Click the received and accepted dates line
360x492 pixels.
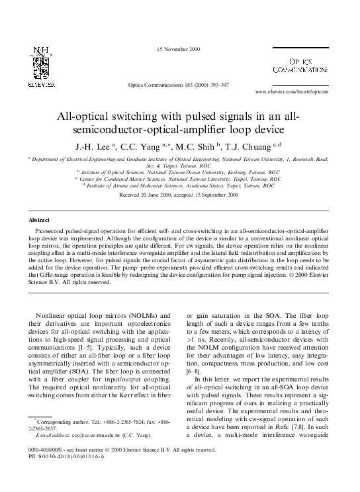[x=178, y=195]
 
